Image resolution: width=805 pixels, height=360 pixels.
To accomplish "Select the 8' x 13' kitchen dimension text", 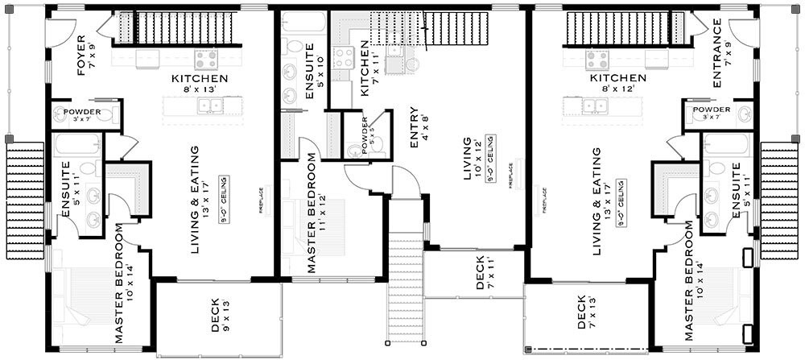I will pyautogui.click(x=200, y=90).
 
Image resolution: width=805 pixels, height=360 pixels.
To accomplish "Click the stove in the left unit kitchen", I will pyautogui.click(x=205, y=58).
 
